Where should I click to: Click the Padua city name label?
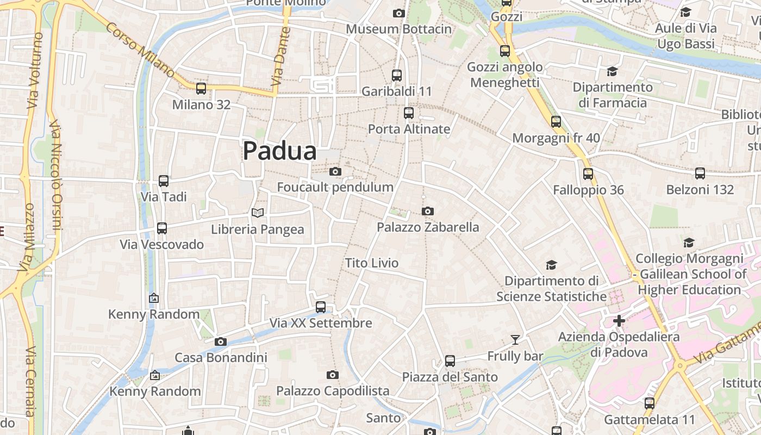click(279, 151)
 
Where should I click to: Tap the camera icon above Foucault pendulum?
click(335, 172)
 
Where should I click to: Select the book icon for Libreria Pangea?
click(258, 213)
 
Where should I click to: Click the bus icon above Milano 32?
click(201, 89)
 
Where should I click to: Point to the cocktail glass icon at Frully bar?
click(515, 340)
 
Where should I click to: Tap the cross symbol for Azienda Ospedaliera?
click(619, 321)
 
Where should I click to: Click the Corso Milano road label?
click(141, 50)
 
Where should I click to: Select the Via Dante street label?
click(279, 57)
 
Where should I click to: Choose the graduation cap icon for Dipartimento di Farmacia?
click(612, 71)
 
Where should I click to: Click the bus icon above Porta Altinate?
click(409, 113)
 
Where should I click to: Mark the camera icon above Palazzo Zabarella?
click(428, 211)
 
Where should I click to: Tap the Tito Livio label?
click(372, 263)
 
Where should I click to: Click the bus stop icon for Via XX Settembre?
click(321, 307)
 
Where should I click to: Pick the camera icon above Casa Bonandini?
click(220, 342)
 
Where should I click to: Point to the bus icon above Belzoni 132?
click(700, 174)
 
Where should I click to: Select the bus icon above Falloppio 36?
click(588, 174)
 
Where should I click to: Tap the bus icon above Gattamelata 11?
click(650, 403)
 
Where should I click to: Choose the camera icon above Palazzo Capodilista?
click(333, 375)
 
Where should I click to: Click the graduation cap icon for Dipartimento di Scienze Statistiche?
click(551, 265)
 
